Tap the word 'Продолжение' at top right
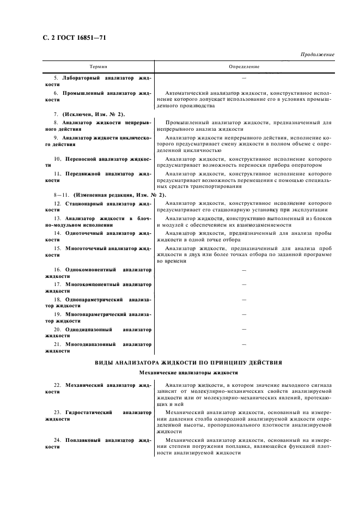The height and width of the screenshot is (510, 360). [317, 55]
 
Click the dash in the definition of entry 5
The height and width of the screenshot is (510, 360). [243, 78]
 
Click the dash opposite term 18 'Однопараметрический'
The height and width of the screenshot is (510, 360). [243, 300]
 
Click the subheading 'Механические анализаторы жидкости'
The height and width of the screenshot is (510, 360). [188, 373]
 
